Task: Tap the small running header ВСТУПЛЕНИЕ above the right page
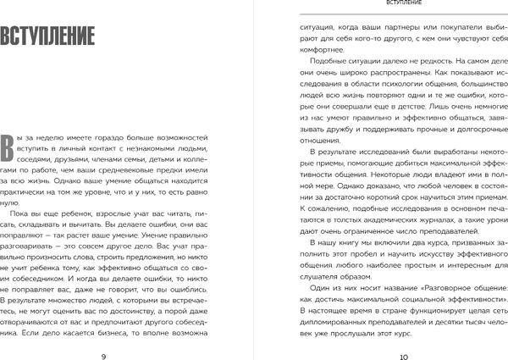(397, 4)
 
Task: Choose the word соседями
(33, 157)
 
